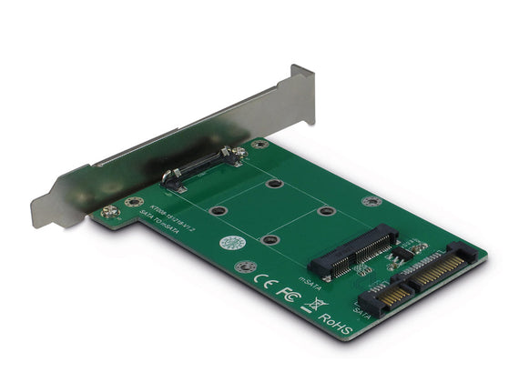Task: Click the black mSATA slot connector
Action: point(354,250)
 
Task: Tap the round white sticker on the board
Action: point(232,244)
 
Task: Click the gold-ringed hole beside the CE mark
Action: point(243,267)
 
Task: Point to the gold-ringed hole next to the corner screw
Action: point(133,203)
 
